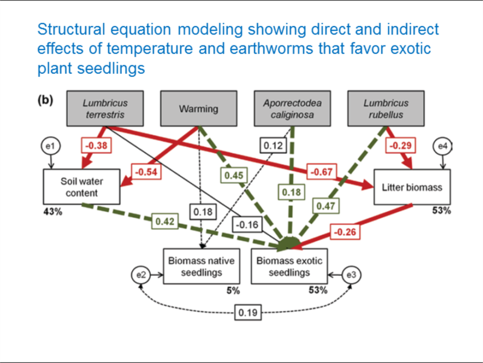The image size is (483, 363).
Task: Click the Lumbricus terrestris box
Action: (x=105, y=109)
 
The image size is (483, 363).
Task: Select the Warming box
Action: (x=198, y=109)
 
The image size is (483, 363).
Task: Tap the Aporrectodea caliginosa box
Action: (x=293, y=109)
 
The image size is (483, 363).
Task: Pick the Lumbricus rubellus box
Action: (x=386, y=109)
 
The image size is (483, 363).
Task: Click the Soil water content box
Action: (x=82, y=188)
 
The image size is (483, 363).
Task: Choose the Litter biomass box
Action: (x=412, y=187)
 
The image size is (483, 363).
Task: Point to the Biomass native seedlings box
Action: (x=199, y=267)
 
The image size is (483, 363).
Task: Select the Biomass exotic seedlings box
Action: (x=290, y=267)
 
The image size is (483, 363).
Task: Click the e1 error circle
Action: (x=51, y=146)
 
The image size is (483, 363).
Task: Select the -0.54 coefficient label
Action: (x=145, y=172)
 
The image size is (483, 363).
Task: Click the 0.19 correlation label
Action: (x=247, y=313)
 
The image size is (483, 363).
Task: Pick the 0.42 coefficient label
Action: (x=165, y=221)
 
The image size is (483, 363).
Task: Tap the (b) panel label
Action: (x=45, y=100)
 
